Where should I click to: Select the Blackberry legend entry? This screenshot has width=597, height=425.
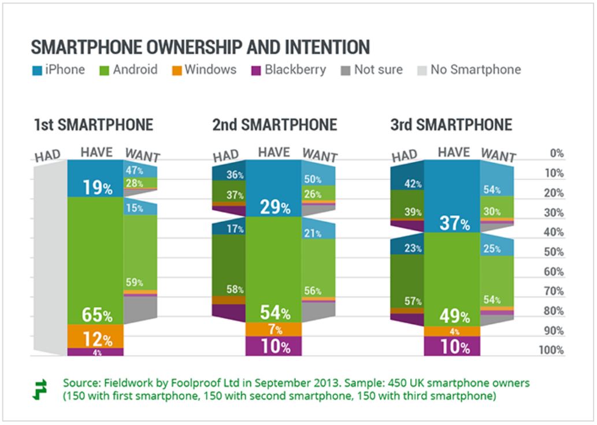[x=288, y=70]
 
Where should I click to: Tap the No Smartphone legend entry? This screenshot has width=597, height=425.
[x=468, y=70]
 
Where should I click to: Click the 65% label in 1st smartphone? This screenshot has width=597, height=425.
[x=96, y=316]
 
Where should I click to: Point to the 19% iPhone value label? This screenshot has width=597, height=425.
[x=96, y=187]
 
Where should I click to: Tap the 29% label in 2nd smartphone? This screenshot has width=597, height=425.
[x=275, y=208]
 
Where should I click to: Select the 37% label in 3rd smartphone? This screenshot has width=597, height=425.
[x=453, y=224]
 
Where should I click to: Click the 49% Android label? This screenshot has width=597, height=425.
[x=453, y=316]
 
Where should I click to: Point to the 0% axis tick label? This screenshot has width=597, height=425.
[x=556, y=153]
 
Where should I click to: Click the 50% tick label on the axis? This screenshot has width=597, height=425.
[x=554, y=252]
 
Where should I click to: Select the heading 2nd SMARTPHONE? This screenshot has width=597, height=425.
[x=274, y=125]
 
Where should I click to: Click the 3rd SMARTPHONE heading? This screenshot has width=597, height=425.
[x=451, y=125]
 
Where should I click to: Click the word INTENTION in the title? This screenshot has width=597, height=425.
[x=313, y=47]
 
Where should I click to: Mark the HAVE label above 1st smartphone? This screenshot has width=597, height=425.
[x=96, y=152]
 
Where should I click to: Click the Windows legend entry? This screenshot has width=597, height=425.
[x=205, y=70]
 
